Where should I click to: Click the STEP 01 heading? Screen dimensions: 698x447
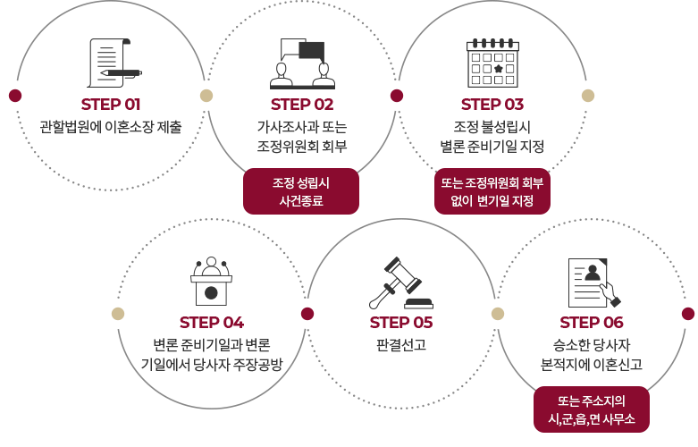111,105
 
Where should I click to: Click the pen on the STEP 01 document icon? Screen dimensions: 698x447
121,72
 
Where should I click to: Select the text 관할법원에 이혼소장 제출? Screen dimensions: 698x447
111,127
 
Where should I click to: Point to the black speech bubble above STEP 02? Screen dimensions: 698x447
312,51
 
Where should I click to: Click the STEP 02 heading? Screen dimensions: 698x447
302,105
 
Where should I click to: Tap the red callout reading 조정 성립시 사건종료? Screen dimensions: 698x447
301,191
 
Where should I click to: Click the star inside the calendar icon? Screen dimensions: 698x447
499,69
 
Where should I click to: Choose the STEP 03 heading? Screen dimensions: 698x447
492,105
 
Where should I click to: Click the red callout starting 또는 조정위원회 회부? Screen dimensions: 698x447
492,191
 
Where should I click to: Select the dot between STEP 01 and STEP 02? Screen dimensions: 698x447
206,96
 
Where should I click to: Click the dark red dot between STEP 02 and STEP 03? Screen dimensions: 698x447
397,96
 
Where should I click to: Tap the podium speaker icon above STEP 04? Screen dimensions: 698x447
212,281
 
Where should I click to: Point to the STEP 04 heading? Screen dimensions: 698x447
212,323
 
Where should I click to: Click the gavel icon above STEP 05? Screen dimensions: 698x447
401,283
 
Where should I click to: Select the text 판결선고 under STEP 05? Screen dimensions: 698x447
401,344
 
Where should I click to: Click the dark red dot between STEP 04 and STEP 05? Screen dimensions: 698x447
307,314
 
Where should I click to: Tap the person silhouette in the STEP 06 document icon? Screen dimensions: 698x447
593,273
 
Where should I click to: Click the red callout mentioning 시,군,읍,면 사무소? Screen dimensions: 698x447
591,409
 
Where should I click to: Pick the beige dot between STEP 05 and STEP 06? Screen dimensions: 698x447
498,314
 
